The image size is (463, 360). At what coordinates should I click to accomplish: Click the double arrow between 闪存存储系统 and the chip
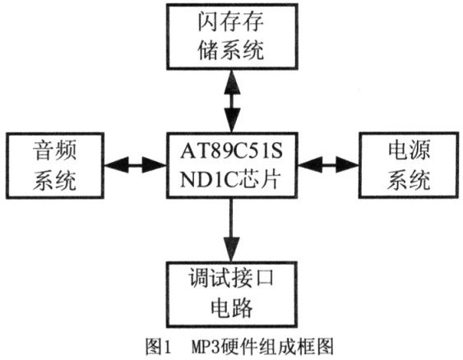[232, 101]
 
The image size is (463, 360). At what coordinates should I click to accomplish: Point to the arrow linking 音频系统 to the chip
[135, 165]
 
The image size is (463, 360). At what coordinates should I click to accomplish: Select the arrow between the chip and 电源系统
[328, 165]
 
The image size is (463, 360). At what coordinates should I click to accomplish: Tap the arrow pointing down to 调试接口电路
[232, 230]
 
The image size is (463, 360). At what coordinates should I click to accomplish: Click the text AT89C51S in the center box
[232, 151]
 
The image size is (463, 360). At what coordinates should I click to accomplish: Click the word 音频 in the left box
[55, 150]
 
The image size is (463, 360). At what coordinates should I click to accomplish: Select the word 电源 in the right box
[409, 150]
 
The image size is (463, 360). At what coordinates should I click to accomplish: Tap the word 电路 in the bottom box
[232, 307]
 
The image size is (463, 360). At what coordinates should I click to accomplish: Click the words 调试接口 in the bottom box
[231, 278]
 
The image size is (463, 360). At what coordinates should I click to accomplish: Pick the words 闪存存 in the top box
[230, 22]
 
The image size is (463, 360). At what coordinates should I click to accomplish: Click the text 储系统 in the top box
[230, 50]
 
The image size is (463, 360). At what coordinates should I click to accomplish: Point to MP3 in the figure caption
[206, 347]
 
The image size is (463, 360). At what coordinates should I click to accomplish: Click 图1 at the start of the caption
[158, 347]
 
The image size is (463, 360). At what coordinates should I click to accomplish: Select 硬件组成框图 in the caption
[278, 347]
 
